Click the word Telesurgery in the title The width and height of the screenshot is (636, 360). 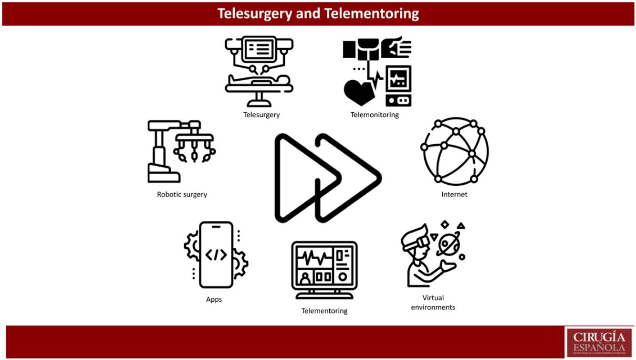pyautogui.click(x=255, y=13)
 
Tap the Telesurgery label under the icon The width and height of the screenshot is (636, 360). pyautogui.click(x=261, y=115)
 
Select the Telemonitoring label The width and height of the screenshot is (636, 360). pyautogui.click(x=375, y=115)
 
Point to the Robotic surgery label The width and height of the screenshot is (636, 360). pyautogui.click(x=182, y=194)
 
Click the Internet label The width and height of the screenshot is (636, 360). pyautogui.click(x=454, y=194)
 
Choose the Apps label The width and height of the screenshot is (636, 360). pyautogui.click(x=214, y=299)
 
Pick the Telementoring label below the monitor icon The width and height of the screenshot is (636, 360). pyautogui.click(x=324, y=311)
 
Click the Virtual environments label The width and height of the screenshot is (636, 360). pyautogui.click(x=433, y=302)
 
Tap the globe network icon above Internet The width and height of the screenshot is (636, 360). pyautogui.click(x=455, y=151)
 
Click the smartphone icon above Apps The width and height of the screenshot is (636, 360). pyautogui.click(x=216, y=254)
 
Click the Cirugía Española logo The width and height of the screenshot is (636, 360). pyautogui.click(x=599, y=342)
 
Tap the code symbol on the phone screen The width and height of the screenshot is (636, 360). pyautogui.click(x=216, y=255)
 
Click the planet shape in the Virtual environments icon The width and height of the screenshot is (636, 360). pyautogui.click(x=446, y=244)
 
